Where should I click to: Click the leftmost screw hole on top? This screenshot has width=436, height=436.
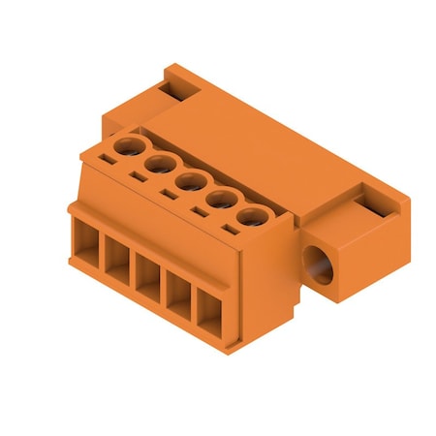click(125, 147)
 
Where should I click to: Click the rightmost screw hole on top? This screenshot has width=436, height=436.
click(252, 218)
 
